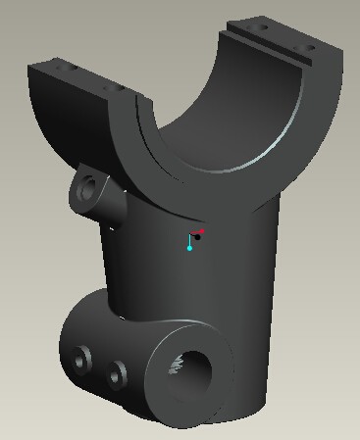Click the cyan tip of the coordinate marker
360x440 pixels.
click(x=189, y=248)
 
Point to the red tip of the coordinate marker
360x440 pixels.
click(x=202, y=231)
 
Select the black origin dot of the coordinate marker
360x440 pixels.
click(x=197, y=237)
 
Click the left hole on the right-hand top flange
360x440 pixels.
click(x=262, y=29)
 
